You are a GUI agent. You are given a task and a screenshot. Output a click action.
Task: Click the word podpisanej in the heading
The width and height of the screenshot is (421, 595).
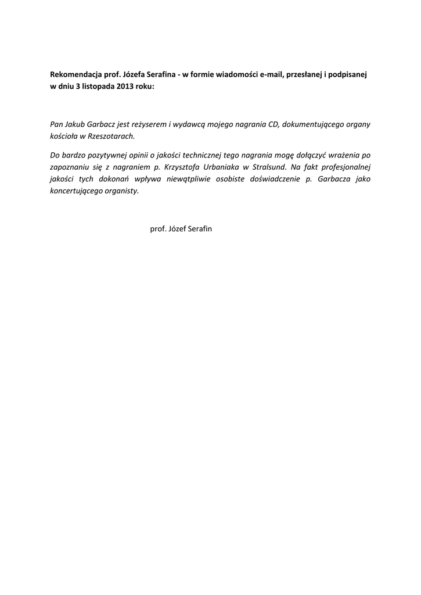coord(350,76)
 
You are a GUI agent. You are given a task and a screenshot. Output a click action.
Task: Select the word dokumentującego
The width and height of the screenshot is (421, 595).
coord(314,124)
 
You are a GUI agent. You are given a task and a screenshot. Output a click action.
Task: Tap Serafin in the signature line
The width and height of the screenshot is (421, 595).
coord(200,229)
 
